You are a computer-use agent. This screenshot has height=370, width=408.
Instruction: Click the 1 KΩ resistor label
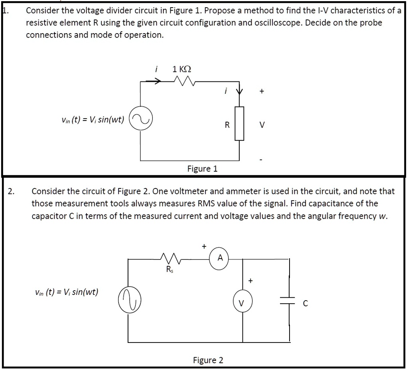click(182, 69)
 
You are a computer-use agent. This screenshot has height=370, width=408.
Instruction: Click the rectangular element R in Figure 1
click(239, 123)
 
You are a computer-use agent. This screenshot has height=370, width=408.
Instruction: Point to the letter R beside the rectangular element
click(227, 125)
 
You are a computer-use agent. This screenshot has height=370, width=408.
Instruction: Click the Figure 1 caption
click(203, 169)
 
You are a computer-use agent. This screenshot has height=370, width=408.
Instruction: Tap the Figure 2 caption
click(208, 360)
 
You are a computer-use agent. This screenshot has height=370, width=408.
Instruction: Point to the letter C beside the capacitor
click(306, 304)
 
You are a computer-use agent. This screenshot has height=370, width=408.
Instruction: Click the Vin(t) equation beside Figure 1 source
click(93, 119)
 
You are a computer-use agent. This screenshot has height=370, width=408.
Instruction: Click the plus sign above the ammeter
click(204, 246)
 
